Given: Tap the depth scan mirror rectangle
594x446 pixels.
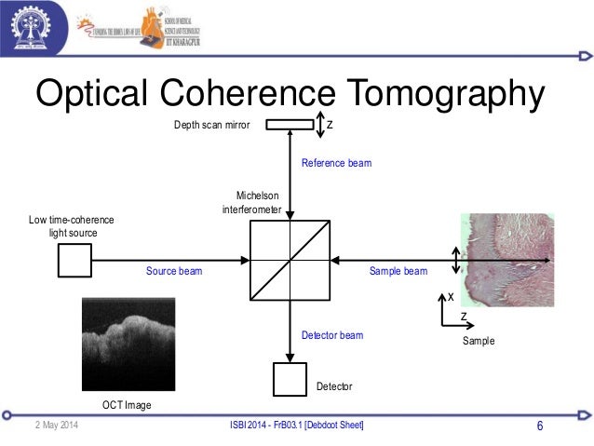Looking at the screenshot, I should pos(290,125).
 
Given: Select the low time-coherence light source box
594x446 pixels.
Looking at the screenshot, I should pos(74,261).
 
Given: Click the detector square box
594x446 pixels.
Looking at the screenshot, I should pos(290,379).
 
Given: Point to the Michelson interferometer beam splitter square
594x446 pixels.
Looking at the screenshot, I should pos(290,260).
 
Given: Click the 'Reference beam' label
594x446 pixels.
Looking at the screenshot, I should pos(336,163).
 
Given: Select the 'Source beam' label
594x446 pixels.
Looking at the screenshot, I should pos(174,272).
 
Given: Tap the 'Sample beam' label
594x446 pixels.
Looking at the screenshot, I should pos(398,272).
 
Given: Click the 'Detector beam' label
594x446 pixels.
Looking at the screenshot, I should pos(332,335).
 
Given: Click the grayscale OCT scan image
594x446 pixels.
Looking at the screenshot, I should pos(128,345).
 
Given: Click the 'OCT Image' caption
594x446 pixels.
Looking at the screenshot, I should pos(127,405).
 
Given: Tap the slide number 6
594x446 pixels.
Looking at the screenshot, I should pos(540,426).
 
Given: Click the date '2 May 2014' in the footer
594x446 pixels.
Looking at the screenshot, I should pos(57,426).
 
